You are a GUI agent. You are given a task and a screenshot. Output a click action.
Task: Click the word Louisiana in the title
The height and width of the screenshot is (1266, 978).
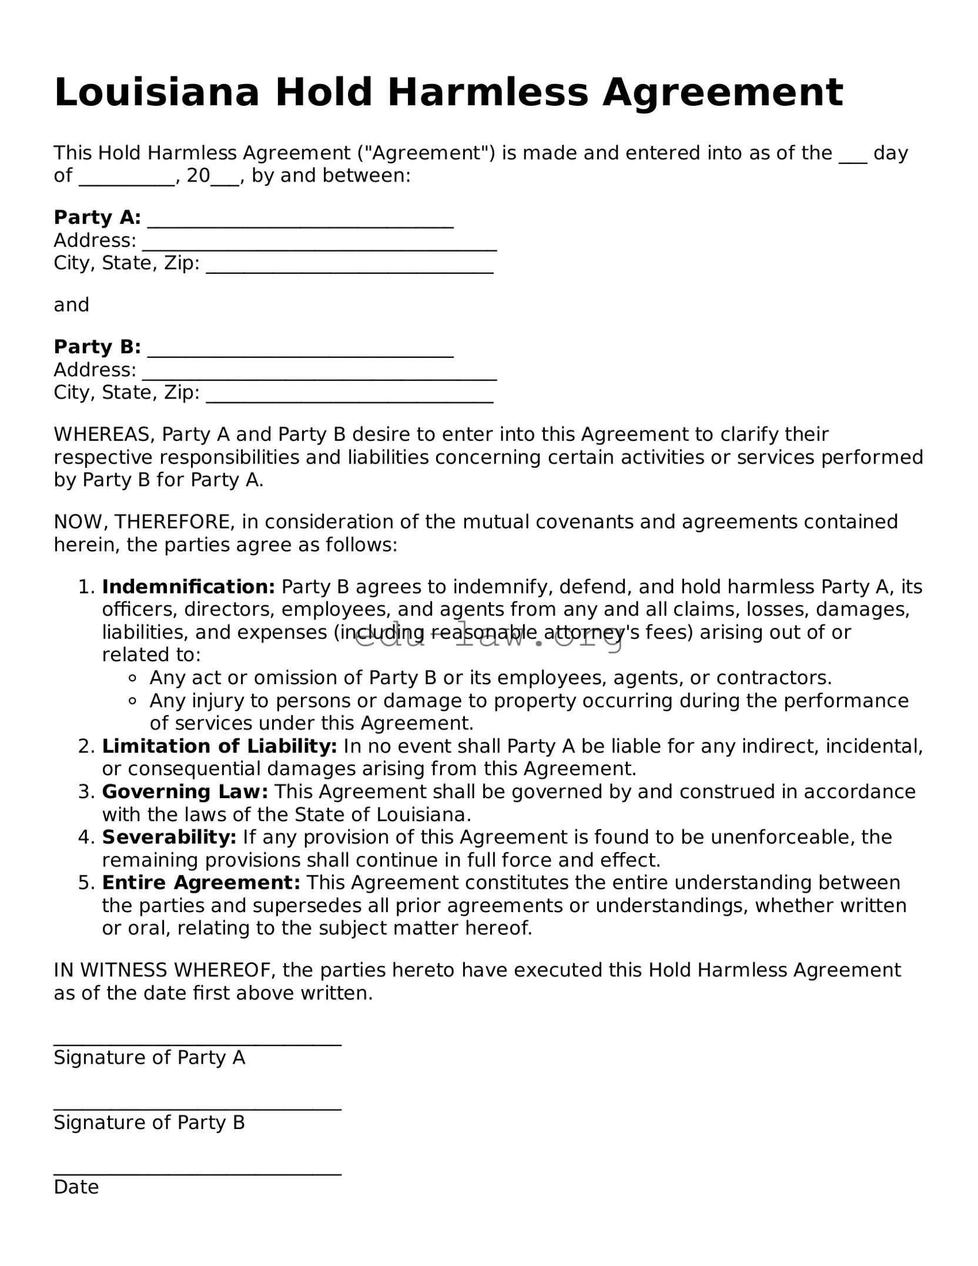[156, 93]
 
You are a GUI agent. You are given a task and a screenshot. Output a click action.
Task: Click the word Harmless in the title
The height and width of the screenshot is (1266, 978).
[487, 93]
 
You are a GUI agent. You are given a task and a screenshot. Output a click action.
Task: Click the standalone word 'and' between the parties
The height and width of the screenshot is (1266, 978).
[71, 305]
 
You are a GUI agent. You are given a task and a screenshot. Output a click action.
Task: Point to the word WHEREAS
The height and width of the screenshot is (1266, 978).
[103, 434]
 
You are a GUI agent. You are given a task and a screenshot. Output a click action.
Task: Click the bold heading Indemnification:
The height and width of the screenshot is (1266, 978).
[188, 587]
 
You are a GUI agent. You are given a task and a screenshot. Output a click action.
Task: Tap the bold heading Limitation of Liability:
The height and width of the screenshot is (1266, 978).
[219, 746]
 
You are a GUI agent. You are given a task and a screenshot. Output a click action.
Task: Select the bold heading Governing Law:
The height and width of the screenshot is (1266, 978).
[185, 792]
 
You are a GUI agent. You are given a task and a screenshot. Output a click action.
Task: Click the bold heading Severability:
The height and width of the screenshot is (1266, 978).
[169, 837]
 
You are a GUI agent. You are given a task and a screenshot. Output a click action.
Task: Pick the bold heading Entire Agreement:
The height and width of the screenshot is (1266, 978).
[201, 882]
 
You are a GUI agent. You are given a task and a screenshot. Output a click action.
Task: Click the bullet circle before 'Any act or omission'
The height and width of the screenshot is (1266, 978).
[132, 678]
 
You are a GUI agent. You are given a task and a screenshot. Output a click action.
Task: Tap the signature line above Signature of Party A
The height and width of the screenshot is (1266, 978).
[197, 1043]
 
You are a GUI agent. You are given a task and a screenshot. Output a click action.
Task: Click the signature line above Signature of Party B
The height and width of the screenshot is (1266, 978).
[197, 1107]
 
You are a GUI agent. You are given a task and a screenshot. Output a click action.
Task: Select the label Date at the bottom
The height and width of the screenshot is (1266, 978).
[76, 1187]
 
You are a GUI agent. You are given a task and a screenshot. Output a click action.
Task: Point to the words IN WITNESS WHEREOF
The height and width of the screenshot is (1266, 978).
[165, 970]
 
